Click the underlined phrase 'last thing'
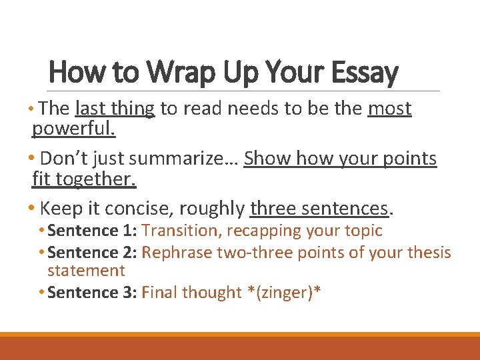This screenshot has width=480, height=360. click(115, 109)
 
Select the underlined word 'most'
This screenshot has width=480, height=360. click(389, 109)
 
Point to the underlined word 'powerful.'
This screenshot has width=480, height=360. click(73, 128)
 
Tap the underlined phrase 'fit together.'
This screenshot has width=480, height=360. click(84, 179)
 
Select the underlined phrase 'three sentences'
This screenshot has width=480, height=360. click(319, 209)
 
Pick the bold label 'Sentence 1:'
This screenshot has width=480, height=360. click(93, 231)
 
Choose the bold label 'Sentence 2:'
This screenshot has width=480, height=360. click(93, 253)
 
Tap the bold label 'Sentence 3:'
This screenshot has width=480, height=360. click(93, 292)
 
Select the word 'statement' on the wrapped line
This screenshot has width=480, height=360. click(86, 271)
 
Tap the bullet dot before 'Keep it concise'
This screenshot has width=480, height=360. click(33, 209)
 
